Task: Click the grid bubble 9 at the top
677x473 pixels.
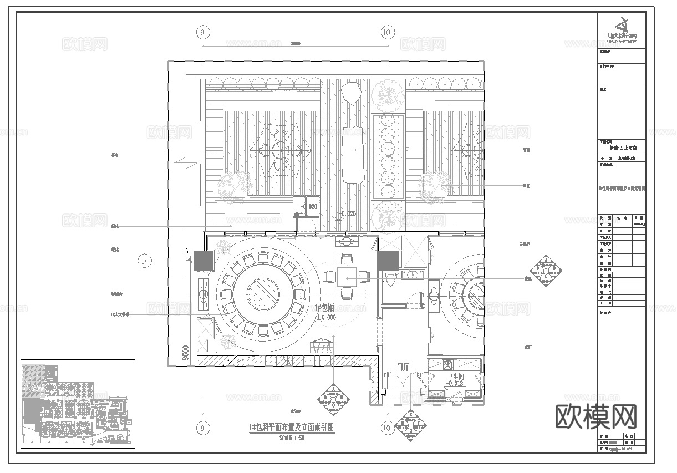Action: tap(203, 33)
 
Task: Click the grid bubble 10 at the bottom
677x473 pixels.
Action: tap(387, 428)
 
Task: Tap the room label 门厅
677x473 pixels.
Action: tap(404, 367)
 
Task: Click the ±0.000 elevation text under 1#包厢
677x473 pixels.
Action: tap(325, 318)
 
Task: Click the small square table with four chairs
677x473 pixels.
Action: tap(347, 276)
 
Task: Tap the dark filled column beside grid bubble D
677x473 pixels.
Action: tap(203, 260)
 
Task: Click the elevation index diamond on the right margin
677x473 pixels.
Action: tap(546, 269)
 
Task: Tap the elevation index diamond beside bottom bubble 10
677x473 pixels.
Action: tap(410, 426)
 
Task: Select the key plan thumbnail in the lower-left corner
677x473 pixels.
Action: tap(78, 404)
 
